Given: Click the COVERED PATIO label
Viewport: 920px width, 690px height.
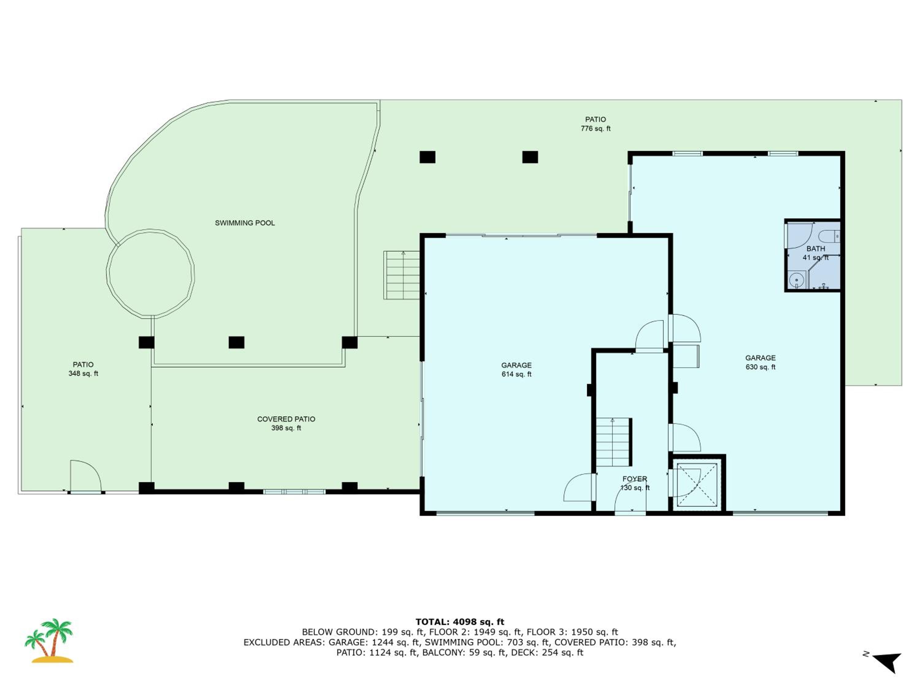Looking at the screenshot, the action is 286,419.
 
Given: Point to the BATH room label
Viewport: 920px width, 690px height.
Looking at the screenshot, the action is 816,249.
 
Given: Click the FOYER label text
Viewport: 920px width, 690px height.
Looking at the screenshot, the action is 635,479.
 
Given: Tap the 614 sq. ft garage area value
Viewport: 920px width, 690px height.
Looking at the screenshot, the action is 516,374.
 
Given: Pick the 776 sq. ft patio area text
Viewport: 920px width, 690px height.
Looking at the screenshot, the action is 596,128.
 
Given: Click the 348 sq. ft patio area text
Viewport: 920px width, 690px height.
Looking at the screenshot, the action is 83,374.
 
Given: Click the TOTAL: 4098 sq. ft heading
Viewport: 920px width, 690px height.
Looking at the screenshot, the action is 460,622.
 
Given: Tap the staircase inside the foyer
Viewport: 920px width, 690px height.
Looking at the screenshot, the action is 614,442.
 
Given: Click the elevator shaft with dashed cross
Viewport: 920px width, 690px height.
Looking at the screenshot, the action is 697,485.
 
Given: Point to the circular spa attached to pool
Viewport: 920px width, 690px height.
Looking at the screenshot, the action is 151,274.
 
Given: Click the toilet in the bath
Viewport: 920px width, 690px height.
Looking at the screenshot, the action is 829,237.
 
